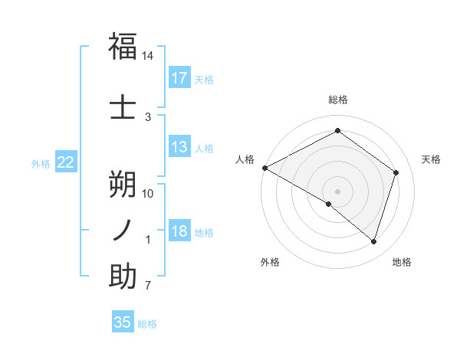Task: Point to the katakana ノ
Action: click(123, 230)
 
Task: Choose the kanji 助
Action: click(123, 277)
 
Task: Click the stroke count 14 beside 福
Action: click(148, 56)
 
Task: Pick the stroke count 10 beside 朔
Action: click(148, 193)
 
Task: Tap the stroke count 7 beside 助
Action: click(148, 286)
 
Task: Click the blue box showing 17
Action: click(179, 77)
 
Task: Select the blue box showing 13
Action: click(179, 147)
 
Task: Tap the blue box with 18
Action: click(179, 231)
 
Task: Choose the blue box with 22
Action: click(66, 162)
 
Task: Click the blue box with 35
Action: click(123, 322)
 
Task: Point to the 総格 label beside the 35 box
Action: click(147, 324)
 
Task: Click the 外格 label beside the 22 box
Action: click(41, 163)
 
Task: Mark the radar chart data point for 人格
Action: click(264, 168)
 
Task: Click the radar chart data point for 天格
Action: click(396, 172)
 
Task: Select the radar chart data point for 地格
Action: click(373, 241)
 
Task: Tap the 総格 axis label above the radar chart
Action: click(338, 100)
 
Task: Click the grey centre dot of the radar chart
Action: click(337, 191)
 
